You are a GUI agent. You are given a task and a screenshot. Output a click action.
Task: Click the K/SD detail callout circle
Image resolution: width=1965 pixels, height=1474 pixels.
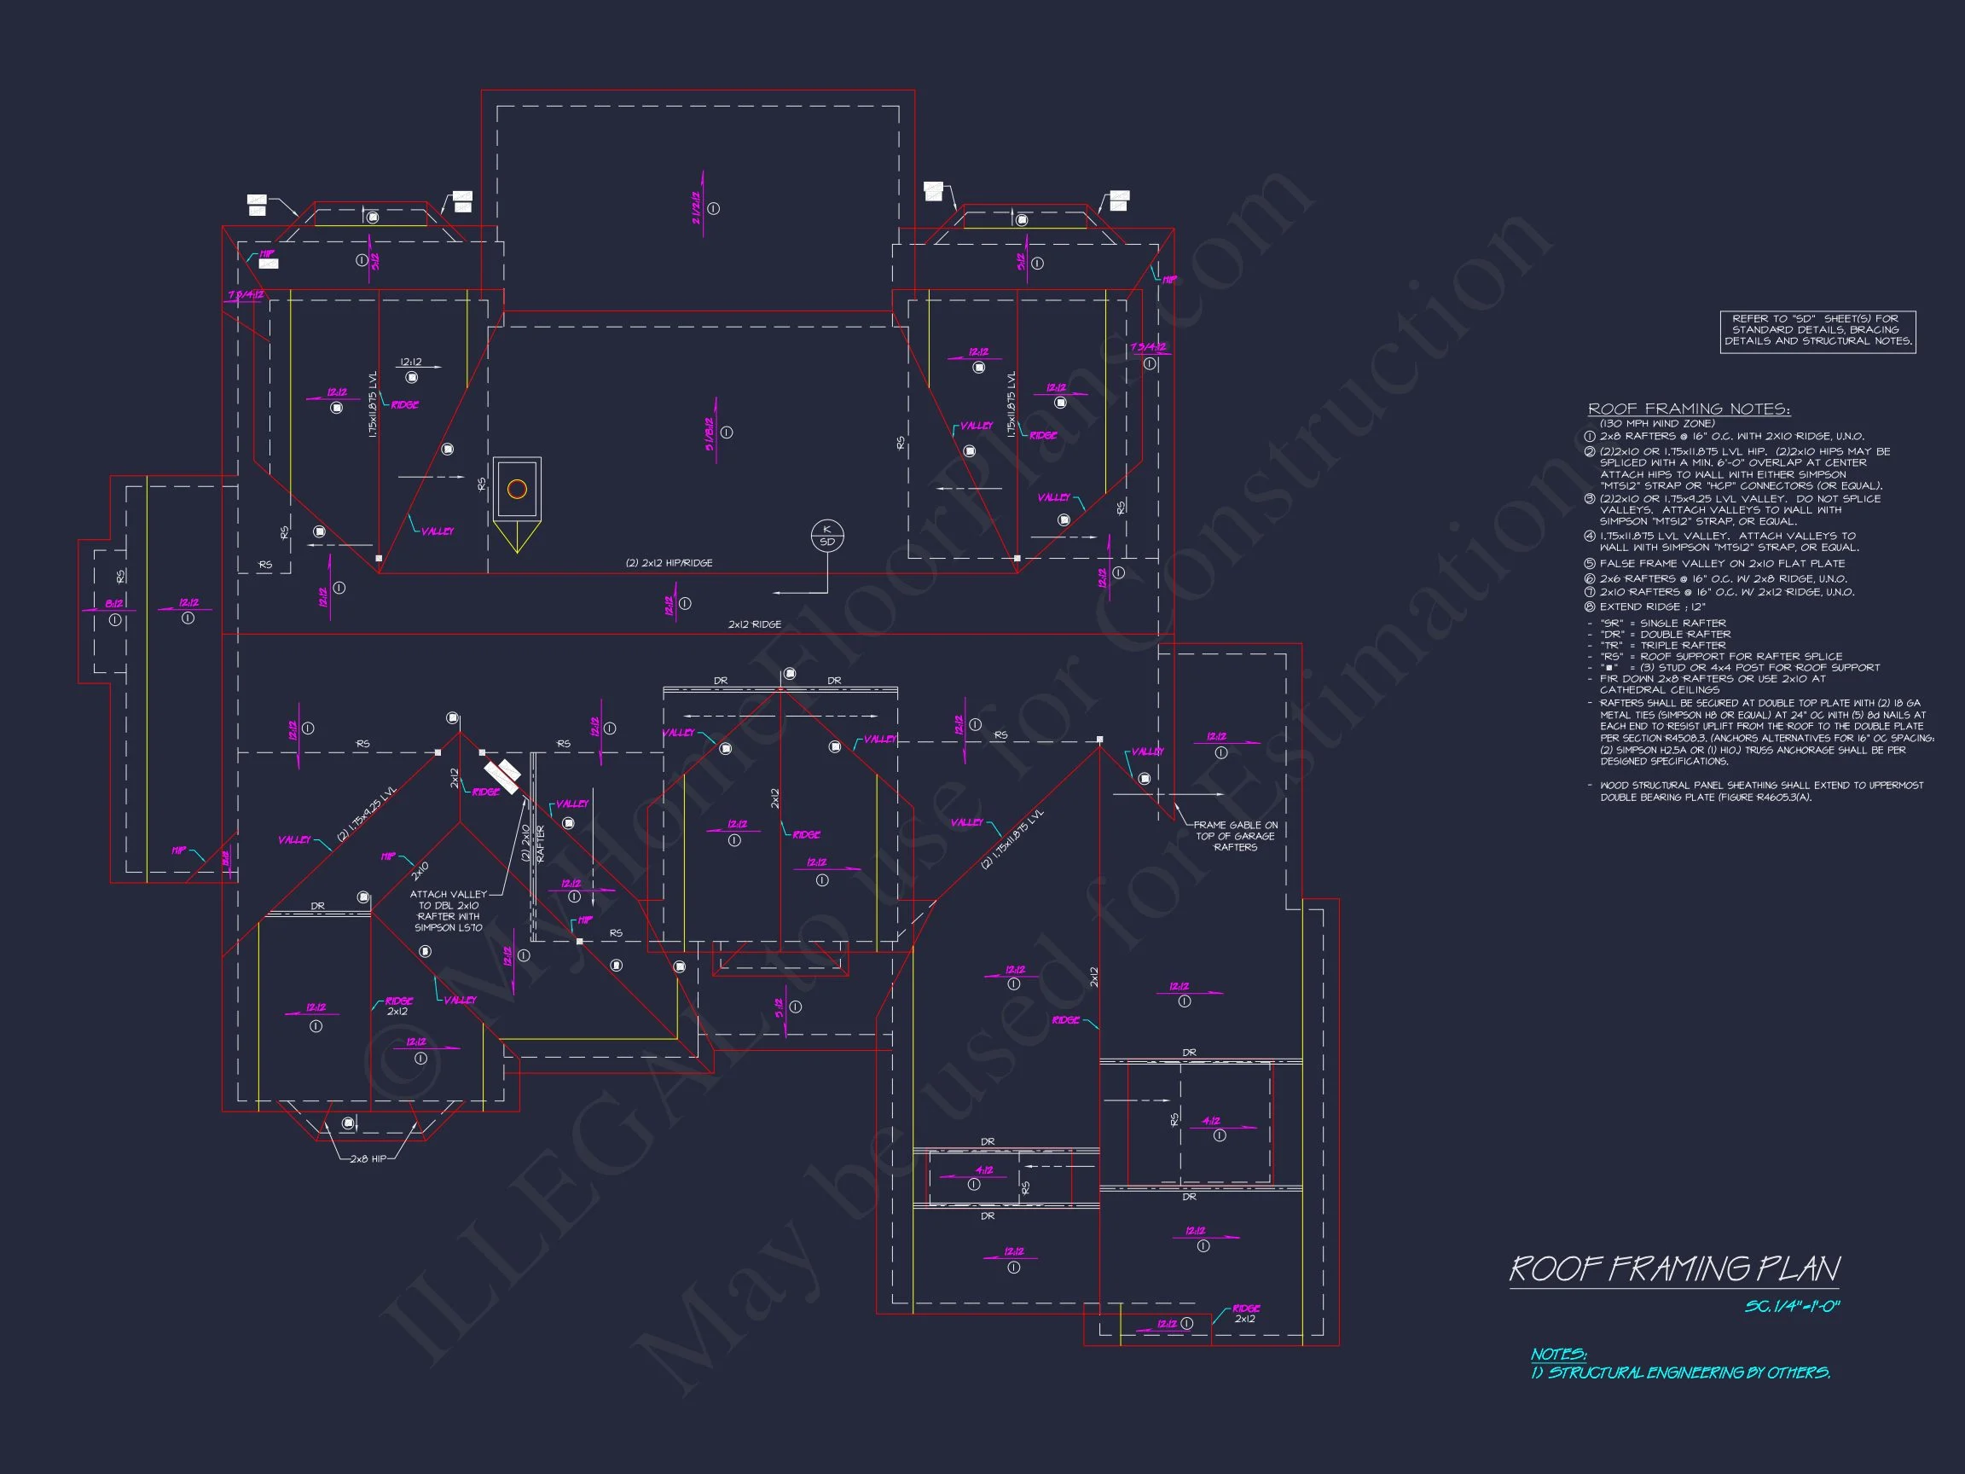tap(827, 536)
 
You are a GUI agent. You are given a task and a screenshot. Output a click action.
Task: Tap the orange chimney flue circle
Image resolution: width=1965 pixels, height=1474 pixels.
tap(517, 489)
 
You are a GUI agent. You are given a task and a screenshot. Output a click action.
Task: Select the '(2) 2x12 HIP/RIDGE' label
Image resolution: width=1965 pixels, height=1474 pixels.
tap(669, 563)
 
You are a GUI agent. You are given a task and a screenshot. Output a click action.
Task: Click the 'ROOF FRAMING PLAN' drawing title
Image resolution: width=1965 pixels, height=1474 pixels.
tap(1673, 1268)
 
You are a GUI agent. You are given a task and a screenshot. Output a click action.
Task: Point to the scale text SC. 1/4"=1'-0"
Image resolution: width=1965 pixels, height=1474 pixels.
tap(1792, 1307)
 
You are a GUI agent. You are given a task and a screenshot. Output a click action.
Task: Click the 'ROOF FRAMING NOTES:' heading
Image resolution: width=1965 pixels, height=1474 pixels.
tap(1689, 409)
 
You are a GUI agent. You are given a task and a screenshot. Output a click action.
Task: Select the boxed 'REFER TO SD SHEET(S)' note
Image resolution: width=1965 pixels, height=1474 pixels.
tap(1817, 330)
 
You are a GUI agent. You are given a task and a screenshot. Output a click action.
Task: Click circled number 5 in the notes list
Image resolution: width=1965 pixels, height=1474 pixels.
tap(1589, 564)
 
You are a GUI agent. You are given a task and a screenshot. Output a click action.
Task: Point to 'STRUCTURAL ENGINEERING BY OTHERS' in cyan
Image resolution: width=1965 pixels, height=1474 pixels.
tap(1688, 1372)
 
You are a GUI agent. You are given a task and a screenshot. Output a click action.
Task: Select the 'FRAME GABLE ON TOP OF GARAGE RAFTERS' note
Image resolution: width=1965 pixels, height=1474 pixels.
tap(1235, 836)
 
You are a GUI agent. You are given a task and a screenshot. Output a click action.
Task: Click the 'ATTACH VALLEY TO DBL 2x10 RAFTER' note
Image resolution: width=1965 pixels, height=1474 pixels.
tap(449, 911)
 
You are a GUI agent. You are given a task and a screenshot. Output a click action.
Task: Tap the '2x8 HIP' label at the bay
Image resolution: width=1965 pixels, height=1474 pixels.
tap(368, 1158)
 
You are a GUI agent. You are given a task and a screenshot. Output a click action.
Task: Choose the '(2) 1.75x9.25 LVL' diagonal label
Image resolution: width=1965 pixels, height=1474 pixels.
tap(366, 814)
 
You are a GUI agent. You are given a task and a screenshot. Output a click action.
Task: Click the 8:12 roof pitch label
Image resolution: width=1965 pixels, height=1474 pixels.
tap(113, 604)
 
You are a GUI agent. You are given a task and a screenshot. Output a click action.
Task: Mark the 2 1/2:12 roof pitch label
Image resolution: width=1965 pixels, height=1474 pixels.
tap(697, 208)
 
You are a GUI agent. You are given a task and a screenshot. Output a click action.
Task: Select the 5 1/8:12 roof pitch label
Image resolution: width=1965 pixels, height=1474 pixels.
tap(710, 434)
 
